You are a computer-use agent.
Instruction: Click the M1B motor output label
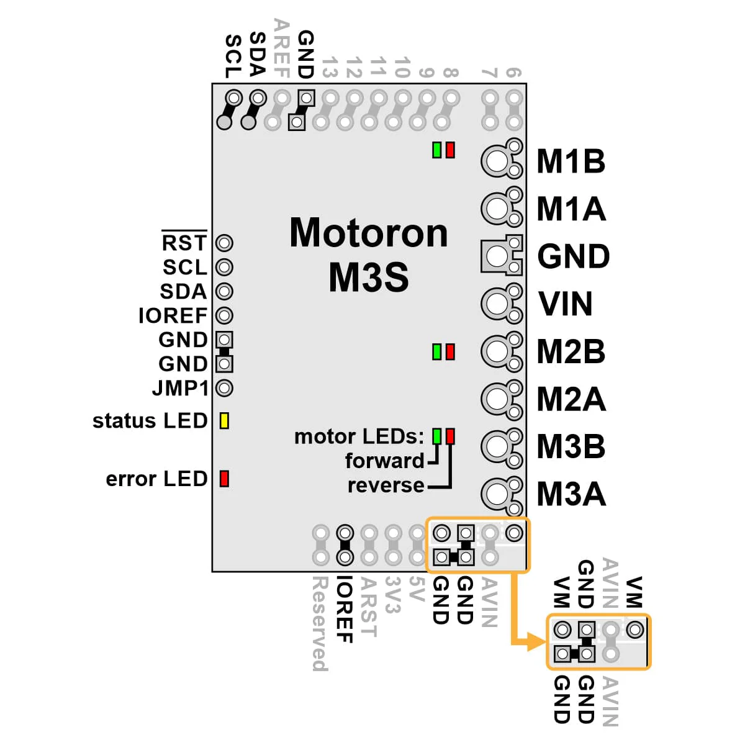coord(571,161)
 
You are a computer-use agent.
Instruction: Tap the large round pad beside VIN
coord(497,304)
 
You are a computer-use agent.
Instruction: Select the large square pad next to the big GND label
coord(497,256)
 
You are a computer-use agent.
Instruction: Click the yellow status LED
coord(224,421)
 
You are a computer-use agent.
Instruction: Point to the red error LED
coord(224,479)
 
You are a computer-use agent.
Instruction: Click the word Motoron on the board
coord(369,233)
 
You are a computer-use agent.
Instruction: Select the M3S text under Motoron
coord(369,277)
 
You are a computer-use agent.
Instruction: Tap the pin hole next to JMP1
coord(224,388)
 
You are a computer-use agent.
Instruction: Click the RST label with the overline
coord(184,242)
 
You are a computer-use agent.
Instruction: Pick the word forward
coord(384,461)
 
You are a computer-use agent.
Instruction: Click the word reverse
coord(386,485)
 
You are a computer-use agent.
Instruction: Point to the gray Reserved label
coord(320,623)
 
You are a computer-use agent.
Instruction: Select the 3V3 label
coord(392,595)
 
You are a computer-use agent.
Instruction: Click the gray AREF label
coord(281,48)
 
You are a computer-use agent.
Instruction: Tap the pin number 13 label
coord(330,67)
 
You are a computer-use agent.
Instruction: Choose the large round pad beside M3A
coord(497,494)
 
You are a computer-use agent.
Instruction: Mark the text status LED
coord(150,421)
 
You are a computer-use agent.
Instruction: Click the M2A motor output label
coord(571,399)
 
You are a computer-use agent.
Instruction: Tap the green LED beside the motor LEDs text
coord(437,436)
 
